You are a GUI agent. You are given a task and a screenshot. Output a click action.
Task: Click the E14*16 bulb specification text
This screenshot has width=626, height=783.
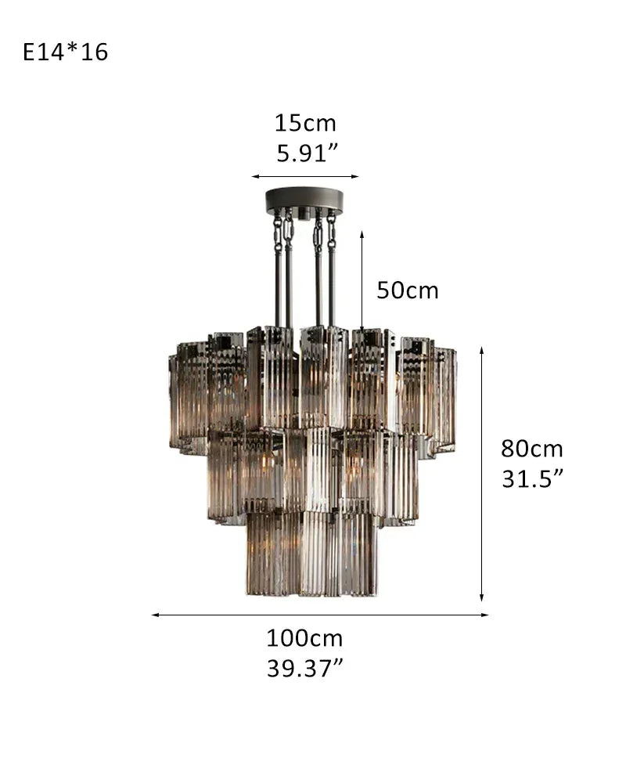tap(66, 53)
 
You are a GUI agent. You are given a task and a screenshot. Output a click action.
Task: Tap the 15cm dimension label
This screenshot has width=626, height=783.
tap(304, 123)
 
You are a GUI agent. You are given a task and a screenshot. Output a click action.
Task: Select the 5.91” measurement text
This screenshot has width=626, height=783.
tap(306, 153)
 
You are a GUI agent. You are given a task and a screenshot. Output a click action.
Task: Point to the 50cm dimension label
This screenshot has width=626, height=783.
tap(408, 290)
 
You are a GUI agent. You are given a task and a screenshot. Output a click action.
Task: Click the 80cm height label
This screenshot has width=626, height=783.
tap(532, 449)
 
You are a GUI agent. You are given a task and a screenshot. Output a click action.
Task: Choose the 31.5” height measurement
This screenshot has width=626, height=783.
tap(532, 479)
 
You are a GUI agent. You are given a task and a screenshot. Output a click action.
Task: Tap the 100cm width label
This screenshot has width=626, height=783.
tap(304, 638)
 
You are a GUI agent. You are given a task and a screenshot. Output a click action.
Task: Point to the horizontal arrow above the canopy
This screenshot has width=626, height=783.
tap(304, 177)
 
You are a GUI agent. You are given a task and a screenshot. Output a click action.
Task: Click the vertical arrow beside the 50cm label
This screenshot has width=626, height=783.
tap(362, 280)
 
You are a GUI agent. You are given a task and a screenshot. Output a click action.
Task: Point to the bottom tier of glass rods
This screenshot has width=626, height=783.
tap(311, 552)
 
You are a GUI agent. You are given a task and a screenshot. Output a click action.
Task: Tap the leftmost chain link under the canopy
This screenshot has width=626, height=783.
tap(277, 229)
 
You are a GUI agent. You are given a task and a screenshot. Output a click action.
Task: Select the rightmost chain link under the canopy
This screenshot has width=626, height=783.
tap(332, 229)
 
